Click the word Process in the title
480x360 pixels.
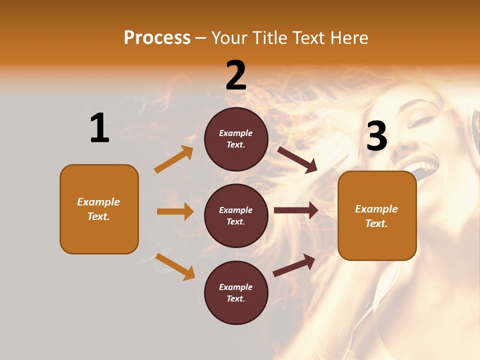pyautogui.click(x=157, y=38)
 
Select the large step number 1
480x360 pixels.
pyautogui.click(x=99, y=128)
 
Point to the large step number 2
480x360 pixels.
pyautogui.click(x=236, y=75)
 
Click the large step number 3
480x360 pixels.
pyautogui.click(x=377, y=136)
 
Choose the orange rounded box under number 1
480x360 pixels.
pyautogui.click(x=99, y=209)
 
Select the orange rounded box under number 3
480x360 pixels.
pyautogui.click(x=377, y=215)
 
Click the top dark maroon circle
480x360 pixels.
pyautogui.click(x=236, y=139)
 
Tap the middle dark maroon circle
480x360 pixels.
pyautogui.click(x=236, y=215)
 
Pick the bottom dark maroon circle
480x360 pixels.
pyautogui.click(x=236, y=292)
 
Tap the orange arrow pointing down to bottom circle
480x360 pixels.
pyautogui.click(x=175, y=266)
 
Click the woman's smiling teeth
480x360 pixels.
pyautogui.click(x=422, y=165)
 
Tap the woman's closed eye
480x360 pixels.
pyautogui.click(x=422, y=120)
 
